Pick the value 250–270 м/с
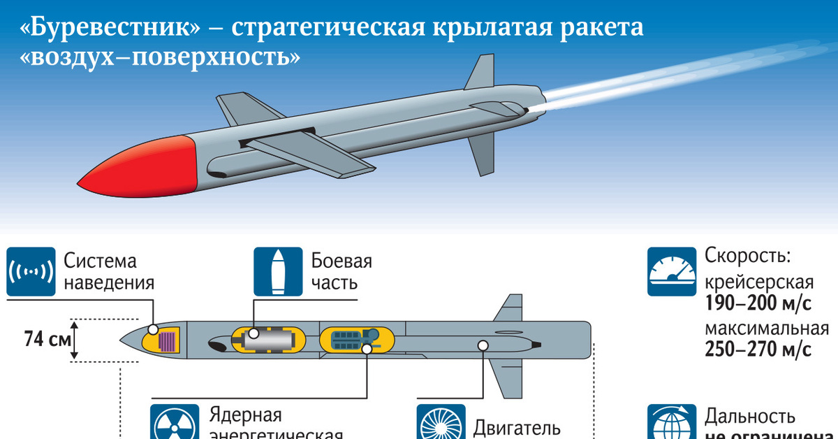pos(758,350)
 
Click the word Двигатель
pos(517,427)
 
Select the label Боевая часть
pos(341,272)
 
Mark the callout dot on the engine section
pos(483,345)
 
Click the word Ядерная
pos(246,415)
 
